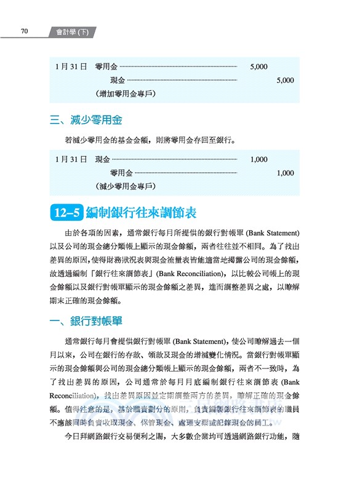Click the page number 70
[x=24, y=31]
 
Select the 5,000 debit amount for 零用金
[x=259, y=66]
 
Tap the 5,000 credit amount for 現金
[x=286, y=80]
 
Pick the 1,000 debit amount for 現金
[x=259, y=159]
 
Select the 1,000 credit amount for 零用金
[x=286, y=173]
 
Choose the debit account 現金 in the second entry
[x=102, y=159]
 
